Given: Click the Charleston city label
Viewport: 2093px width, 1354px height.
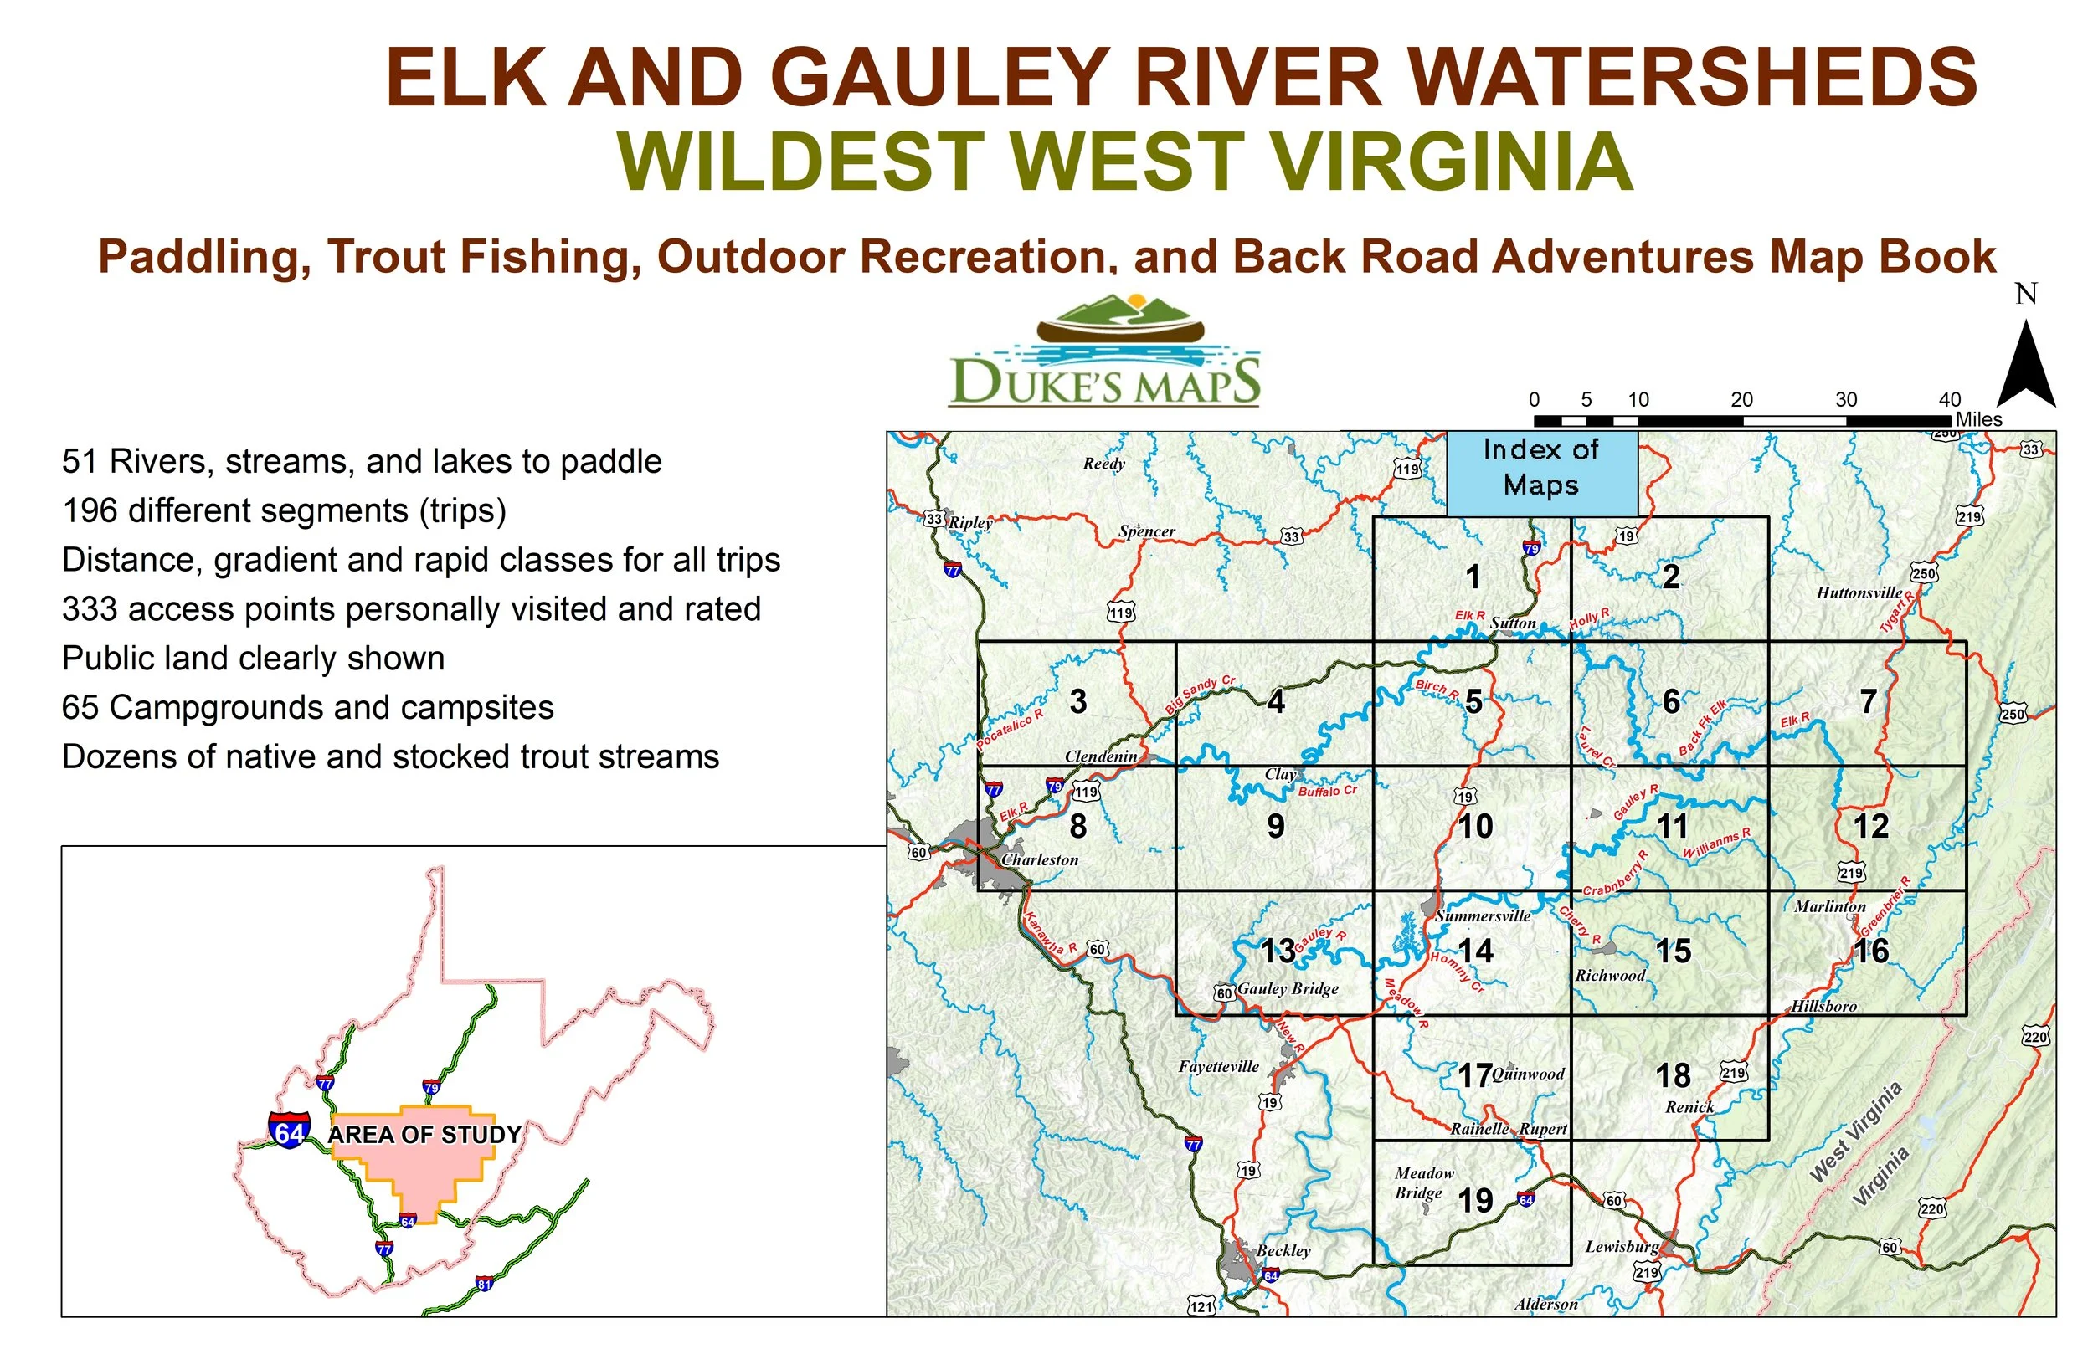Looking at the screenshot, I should point(1040,860).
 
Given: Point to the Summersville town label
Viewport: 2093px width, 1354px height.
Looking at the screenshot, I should point(1483,916).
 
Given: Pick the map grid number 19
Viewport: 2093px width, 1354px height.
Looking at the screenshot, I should point(1475,1201).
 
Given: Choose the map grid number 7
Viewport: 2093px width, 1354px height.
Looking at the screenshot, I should point(1869,701).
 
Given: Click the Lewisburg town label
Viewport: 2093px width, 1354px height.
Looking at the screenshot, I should point(1622,1247).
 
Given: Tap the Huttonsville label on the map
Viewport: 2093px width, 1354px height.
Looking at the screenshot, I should point(1859,592).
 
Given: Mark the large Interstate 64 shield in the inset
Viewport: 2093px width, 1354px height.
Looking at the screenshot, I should point(290,1131).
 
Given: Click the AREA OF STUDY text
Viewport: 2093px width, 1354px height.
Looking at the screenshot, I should point(424,1135).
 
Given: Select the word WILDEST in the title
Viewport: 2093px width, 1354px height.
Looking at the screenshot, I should point(800,162).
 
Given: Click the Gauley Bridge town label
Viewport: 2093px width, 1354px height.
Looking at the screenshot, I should point(1288,989).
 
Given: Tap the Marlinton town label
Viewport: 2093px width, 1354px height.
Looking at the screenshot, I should point(1830,906).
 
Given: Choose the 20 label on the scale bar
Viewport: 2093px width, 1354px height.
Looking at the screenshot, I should point(1742,400).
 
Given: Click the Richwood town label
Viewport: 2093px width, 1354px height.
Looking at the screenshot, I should point(1610,975).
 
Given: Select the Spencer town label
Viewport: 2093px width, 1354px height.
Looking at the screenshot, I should point(1147,532).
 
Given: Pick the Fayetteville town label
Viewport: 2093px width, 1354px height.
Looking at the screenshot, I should point(1219,1066).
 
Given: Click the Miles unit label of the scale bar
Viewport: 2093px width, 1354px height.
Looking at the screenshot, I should point(1978,419).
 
